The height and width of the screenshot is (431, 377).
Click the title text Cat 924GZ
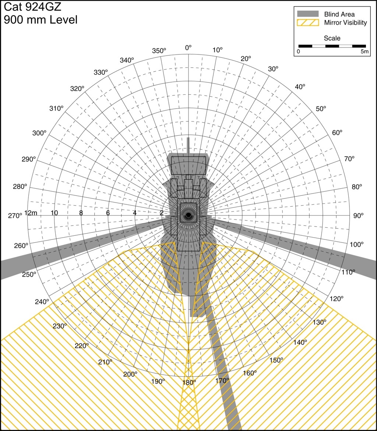pyautogui.click(x=32, y=7)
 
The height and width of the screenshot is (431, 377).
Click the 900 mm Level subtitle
pyautogui.click(x=40, y=20)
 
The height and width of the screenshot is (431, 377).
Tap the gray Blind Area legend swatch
pyautogui.click(x=308, y=14)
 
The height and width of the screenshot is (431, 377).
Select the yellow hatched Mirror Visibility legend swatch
pyautogui.click(x=308, y=22)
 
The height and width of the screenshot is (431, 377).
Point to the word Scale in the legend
pyautogui.click(x=332, y=38)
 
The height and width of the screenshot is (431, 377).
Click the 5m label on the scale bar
pyautogui.click(x=364, y=52)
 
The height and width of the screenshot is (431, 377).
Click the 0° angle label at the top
pyautogui.click(x=188, y=48)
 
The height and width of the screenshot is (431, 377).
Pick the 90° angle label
pyautogui.click(x=358, y=216)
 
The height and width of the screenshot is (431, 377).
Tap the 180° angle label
pyautogui.click(x=189, y=382)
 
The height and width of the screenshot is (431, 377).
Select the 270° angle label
pyautogui.click(x=15, y=216)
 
